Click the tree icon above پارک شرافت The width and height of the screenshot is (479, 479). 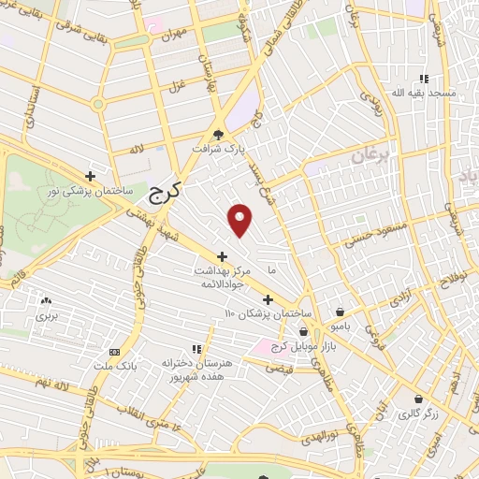pos(219,134)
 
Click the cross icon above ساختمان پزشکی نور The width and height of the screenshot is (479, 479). pos(90,175)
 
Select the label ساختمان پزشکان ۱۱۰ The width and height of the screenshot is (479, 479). pos(265,313)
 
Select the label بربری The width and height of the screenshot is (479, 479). pos(48,316)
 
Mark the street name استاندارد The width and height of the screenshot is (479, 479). pos(30,106)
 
